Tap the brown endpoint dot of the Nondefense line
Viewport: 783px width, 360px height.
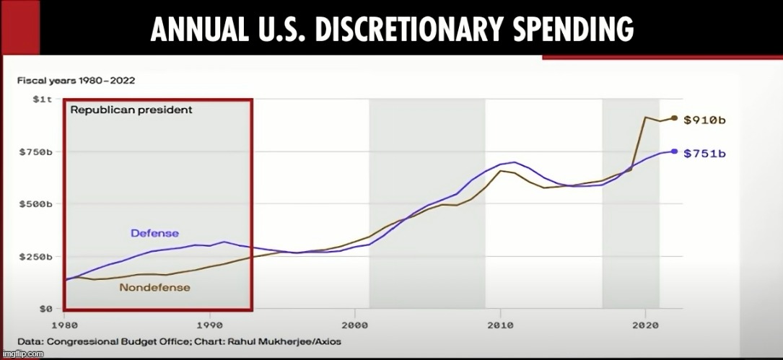tap(674, 118)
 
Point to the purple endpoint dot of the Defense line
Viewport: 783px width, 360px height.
tap(674, 152)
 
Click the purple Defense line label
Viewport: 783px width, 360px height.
tap(154, 233)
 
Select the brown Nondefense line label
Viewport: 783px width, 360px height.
tap(154, 287)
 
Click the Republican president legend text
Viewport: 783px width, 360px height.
tap(131, 110)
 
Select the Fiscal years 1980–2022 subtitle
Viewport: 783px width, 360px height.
tap(76, 80)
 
